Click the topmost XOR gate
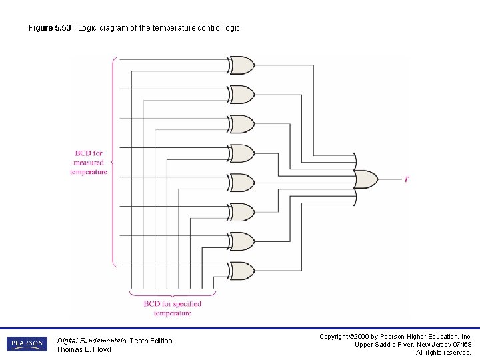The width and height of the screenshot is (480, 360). coord(242,65)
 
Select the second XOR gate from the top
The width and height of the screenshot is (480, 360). coord(242,95)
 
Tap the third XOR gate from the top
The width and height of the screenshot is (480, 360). coord(242,124)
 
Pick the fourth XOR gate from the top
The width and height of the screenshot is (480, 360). coord(242,153)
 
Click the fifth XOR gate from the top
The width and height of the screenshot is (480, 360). coord(242,183)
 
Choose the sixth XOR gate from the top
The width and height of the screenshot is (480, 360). coord(242,212)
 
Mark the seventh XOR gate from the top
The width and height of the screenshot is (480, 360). coord(242,241)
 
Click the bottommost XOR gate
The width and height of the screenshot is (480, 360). coord(242,271)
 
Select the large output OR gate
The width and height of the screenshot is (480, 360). coord(366,179)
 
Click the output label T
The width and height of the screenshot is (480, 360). coord(406,179)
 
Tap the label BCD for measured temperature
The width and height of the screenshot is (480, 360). coord(89,163)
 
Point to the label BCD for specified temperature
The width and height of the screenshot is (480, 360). coord(172,308)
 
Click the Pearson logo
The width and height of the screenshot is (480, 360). coord(27,344)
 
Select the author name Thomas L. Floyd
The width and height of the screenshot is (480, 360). coord(83,349)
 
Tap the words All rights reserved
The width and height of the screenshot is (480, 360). coord(443,352)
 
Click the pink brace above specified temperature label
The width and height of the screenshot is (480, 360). coord(173,293)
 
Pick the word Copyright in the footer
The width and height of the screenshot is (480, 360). coord(335,337)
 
